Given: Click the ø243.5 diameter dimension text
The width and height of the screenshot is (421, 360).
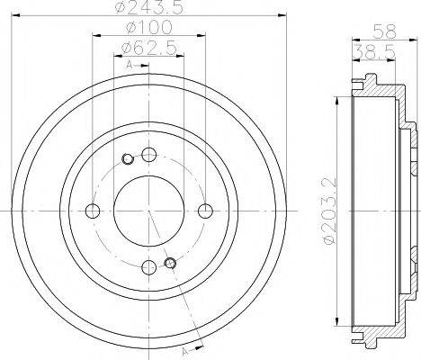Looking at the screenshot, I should (148, 11).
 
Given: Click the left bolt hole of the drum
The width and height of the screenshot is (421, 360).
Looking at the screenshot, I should (92, 211).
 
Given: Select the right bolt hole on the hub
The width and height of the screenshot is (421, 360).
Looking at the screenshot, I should (206, 211).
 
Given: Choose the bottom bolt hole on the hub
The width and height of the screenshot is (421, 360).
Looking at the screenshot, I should (148, 267).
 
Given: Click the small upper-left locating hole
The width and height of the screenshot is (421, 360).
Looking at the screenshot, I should (128, 160).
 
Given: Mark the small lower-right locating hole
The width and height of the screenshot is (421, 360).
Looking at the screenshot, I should (169, 263).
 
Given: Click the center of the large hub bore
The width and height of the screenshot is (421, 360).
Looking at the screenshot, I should (148, 211).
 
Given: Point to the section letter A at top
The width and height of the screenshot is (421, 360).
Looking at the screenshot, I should (129, 65).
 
